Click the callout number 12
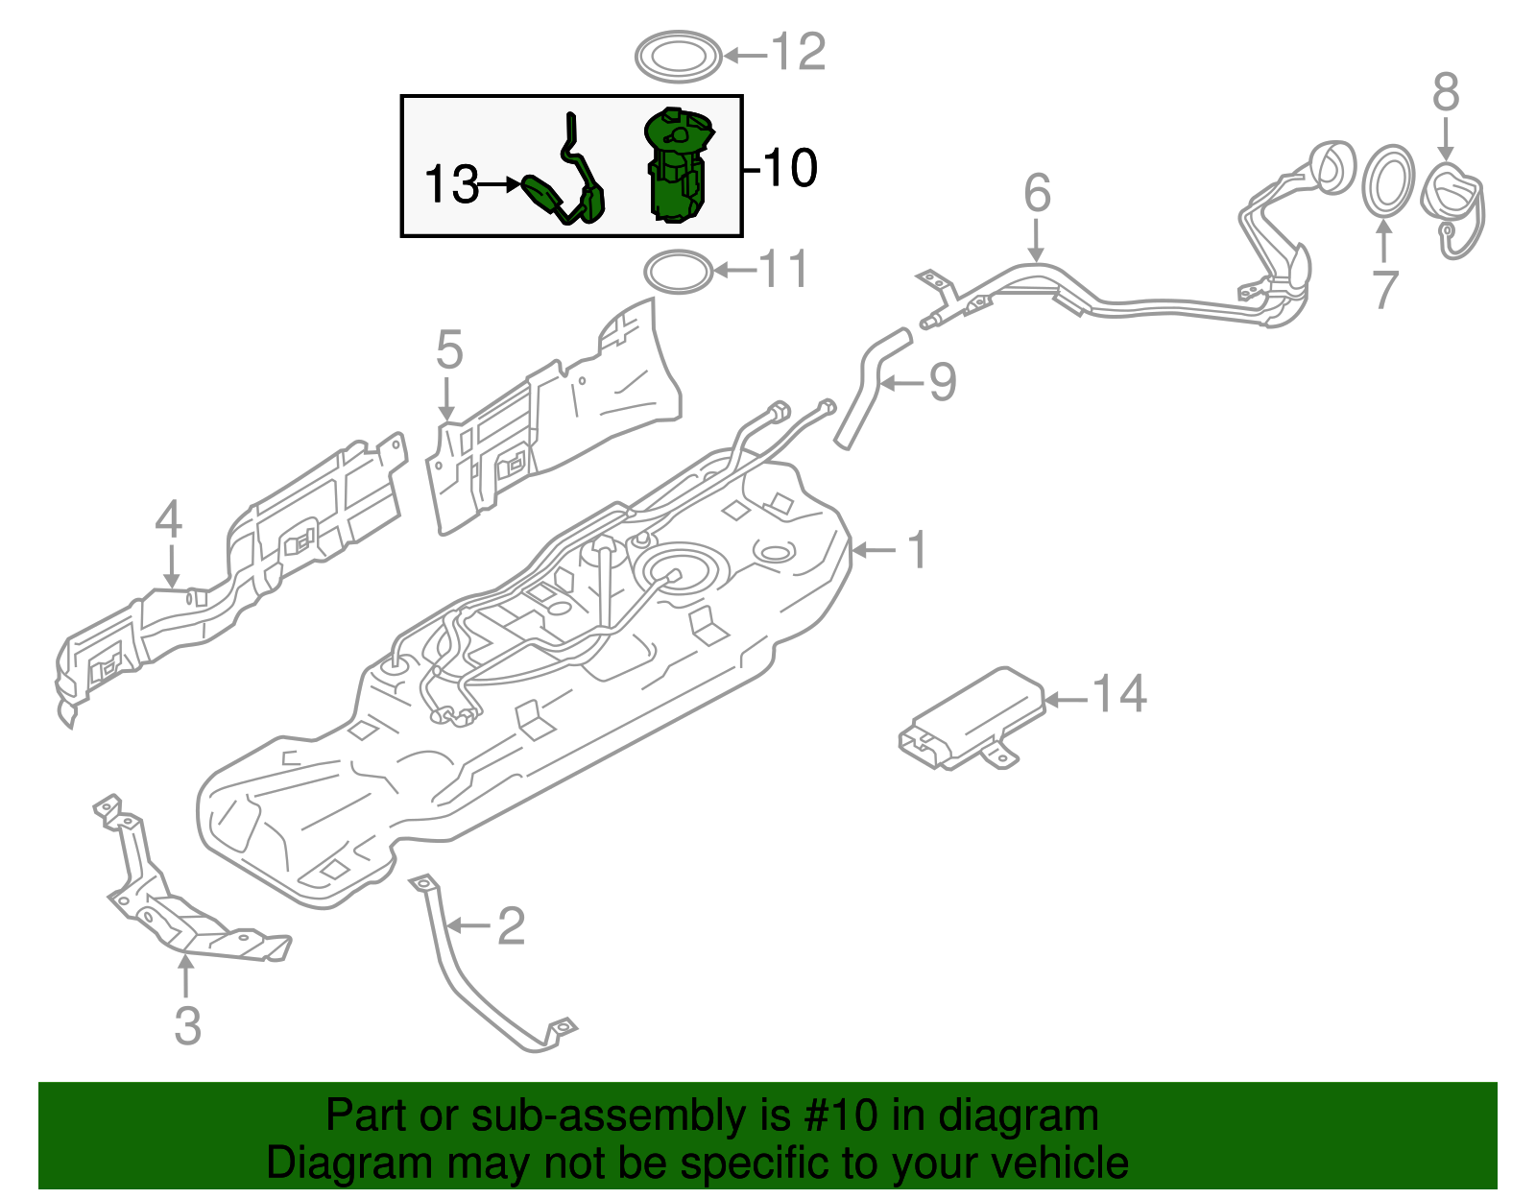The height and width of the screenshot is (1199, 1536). point(799,52)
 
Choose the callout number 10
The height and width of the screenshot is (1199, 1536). point(789,168)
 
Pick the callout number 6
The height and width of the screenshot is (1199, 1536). point(1037,193)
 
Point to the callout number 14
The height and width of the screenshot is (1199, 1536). point(1119,693)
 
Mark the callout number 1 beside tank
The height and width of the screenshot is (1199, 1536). point(918,550)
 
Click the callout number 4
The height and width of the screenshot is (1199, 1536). point(169,520)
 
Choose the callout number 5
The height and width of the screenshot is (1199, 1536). point(448,350)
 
